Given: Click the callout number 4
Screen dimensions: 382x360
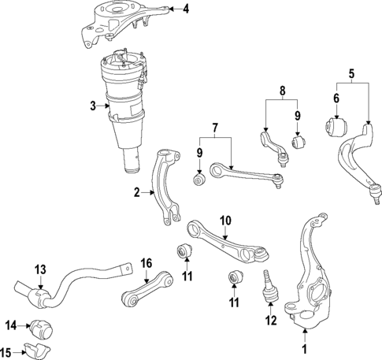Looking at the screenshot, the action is pyautogui.click(x=186, y=9).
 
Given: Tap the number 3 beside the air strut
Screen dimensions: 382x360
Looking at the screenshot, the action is pyautogui.click(x=93, y=106).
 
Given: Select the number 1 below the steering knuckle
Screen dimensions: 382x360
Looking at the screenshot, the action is pyautogui.click(x=305, y=350).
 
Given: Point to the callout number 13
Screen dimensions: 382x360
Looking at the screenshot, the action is pyautogui.click(x=41, y=269).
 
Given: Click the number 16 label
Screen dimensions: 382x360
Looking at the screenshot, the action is pyautogui.click(x=146, y=263).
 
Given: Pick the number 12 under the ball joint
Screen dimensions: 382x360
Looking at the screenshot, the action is pyautogui.click(x=271, y=321).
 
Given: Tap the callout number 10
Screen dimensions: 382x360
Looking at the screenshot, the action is pyautogui.click(x=225, y=221).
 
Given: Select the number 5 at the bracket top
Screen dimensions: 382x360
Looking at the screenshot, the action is pyautogui.click(x=351, y=73).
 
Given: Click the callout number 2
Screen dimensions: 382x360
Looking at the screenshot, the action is pyautogui.click(x=137, y=193).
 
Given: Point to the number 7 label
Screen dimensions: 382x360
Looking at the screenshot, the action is pyautogui.click(x=215, y=128).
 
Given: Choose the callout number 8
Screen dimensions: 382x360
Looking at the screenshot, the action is pyautogui.click(x=282, y=91).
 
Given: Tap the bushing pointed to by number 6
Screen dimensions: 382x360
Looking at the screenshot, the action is pyautogui.click(x=336, y=128).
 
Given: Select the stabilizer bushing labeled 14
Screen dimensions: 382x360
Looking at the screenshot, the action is pyautogui.click(x=42, y=329).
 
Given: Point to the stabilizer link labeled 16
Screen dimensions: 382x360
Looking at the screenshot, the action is pyautogui.click(x=147, y=289).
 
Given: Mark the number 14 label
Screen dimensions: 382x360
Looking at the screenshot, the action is pyautogui.click(x=11, y=326).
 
